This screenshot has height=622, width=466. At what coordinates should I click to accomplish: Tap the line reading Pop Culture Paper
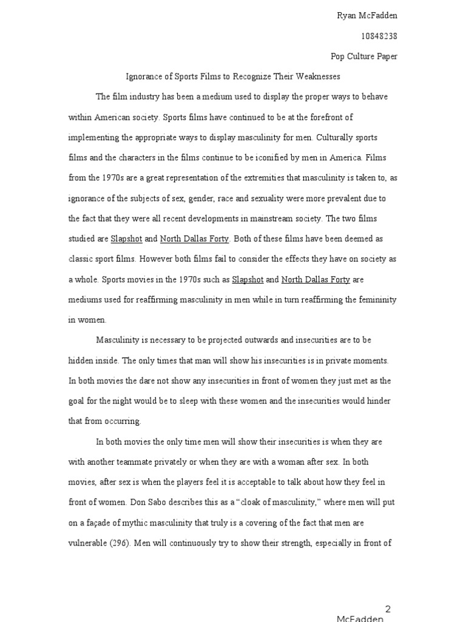pos(364,56)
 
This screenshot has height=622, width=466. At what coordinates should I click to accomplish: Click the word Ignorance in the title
pos(144,77)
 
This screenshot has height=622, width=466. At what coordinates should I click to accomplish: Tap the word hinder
pos(378,401)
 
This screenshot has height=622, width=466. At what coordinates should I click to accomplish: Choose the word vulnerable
pos(87,542)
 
